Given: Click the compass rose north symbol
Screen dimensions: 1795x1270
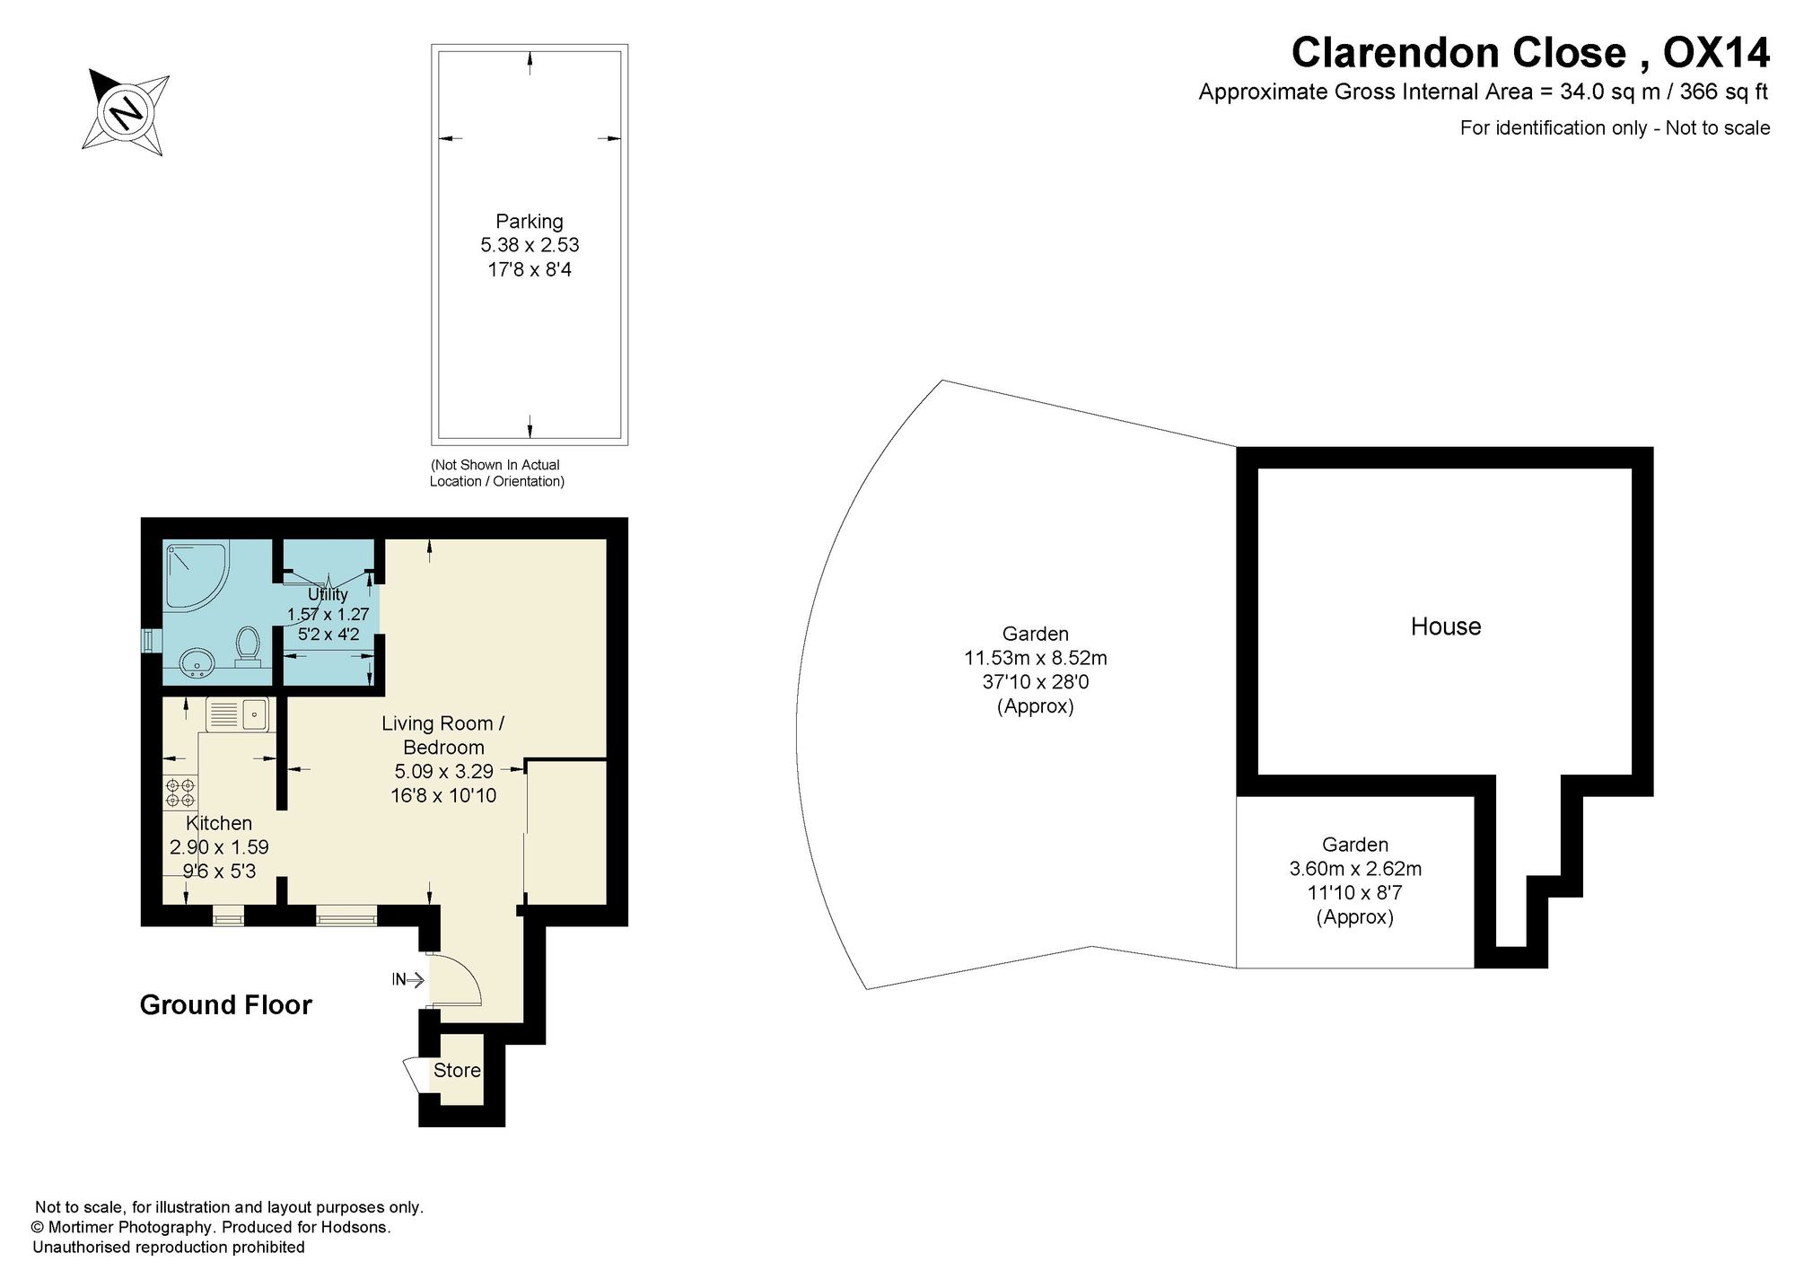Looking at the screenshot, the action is [127, 112].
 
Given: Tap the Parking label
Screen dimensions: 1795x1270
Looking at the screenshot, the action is [530, 221].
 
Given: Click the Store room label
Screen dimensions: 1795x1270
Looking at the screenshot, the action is [457, 1070].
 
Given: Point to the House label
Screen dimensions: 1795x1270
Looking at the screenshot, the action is [1446, 626].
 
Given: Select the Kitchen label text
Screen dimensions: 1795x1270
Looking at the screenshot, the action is [219, 823].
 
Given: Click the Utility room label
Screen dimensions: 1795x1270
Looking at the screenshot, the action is [328, 594].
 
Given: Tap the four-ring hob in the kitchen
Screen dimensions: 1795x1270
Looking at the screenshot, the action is [179, 793].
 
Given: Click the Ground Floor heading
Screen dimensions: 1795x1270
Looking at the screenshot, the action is [226, 1004].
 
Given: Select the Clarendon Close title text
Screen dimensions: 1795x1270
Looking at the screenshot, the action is [1458, 52].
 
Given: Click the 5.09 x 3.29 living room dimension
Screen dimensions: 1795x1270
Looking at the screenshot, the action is [443, 771].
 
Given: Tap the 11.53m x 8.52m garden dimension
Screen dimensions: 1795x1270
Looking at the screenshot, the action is [1036, 658].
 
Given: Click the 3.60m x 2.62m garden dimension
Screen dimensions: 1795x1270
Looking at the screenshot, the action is [1355, 869].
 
